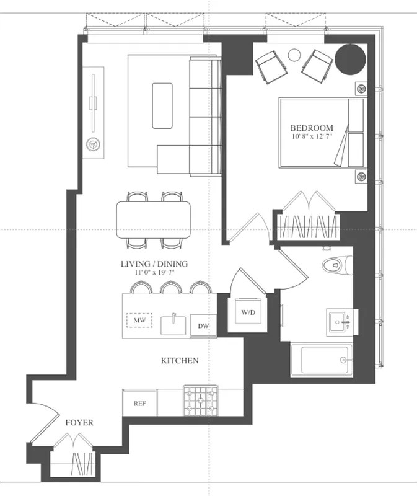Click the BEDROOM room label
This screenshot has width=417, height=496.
pos(312,128)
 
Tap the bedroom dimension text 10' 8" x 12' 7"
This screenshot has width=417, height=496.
pos(312,136)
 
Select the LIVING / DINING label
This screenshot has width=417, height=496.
pos(154,264)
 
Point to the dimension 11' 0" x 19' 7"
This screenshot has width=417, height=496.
pos(154,272)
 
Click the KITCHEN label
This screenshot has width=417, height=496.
pos(180,360)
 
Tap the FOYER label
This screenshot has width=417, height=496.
pos(79,423)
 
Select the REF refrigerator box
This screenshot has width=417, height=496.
pos(139,403)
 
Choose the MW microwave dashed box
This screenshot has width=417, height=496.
pos(139,321)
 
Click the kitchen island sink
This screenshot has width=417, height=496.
pos(174,324)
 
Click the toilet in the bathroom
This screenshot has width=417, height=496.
pos(336,265)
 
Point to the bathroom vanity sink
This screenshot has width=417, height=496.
pos(340,321)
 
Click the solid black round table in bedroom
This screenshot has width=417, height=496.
pos(351,58)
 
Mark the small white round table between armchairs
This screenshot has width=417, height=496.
pos(295,55)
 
